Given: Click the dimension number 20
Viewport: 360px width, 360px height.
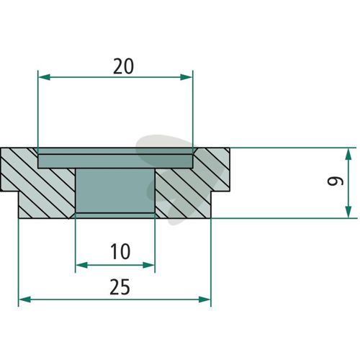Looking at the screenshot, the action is click(123, 66).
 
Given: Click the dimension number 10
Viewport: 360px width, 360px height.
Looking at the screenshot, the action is click(120, 251).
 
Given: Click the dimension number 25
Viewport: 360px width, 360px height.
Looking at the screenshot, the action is click(120, 287).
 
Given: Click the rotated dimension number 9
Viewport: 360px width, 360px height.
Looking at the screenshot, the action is click(336, 181).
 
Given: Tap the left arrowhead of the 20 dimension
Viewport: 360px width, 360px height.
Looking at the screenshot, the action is click(44, 77).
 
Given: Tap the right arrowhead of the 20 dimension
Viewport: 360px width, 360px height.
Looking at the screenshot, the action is click(186, 77).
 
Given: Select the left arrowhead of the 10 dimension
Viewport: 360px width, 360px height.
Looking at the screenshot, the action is click(81, 265).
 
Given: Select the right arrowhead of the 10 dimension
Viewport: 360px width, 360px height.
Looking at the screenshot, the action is click(148, 265).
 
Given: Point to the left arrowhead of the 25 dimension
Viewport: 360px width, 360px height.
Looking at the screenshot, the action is click(24, 300).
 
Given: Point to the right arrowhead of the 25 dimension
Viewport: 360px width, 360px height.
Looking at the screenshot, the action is click(204, 300).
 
